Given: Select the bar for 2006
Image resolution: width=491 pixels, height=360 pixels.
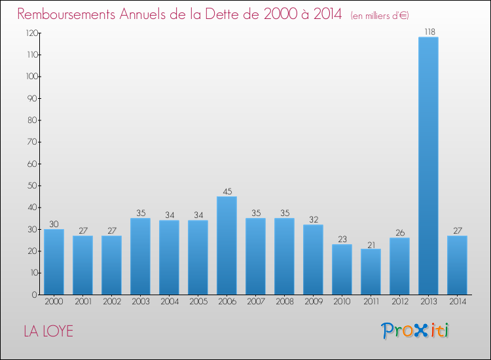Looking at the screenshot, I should pos(227,245).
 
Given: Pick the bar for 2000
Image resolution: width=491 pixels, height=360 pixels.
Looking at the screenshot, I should pos(54,262).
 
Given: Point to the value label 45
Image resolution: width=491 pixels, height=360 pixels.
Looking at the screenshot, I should pos(227,191).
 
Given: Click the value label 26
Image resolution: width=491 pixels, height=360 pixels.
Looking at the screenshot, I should pos(399,232).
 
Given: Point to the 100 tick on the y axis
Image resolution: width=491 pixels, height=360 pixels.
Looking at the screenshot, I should pos(30,77).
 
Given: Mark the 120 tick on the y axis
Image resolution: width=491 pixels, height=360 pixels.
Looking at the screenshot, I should pos(30,33).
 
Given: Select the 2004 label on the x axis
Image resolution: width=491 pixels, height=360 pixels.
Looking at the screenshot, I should pos(169,302).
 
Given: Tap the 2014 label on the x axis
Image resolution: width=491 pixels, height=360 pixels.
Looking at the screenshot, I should pos(457,302).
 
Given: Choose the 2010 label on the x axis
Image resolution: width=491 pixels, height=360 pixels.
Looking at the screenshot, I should pos(342,302).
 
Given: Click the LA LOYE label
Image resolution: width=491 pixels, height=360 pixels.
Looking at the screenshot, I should pos(48,332).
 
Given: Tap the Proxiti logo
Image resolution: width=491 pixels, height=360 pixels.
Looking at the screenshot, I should pos(415,331).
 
